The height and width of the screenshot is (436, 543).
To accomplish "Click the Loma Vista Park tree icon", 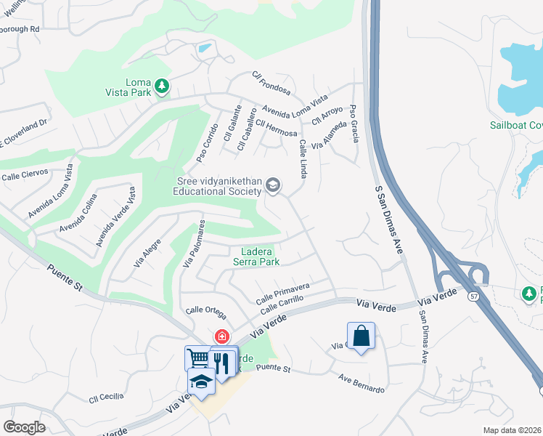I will pyautogui.click(x=165, y=87).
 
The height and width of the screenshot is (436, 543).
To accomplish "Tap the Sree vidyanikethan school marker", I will pyautogui.click(x=273, y=185).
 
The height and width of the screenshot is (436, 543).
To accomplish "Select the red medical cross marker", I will pyautogui.click(x=222, y=337).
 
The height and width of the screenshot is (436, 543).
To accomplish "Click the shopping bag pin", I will pyautogui.click(x=361, y=336).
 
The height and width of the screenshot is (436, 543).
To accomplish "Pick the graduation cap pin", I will pyautogui.click(x=201, y=381).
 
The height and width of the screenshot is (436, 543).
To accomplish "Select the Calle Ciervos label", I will pyautogui.click(x=25, y=174).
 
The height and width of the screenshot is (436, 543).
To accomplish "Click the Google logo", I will pyautogui.click(x=24, y=427).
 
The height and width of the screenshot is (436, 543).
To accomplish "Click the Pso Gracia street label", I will pyautogui.click(x=354, y=123).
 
